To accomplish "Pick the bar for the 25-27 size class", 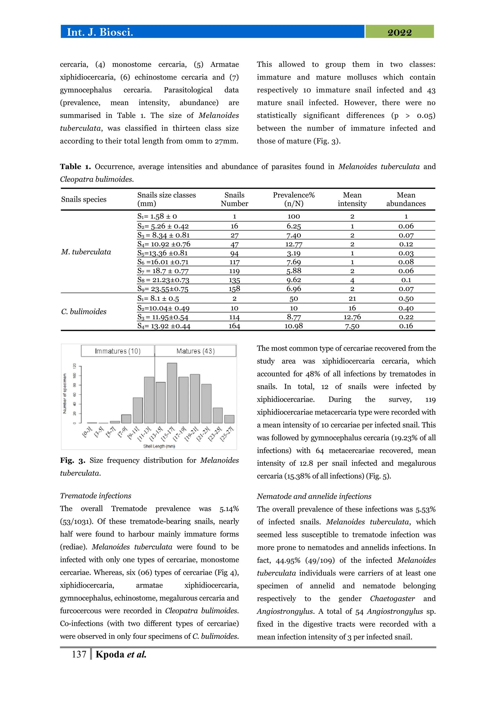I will click(x=229, y=419).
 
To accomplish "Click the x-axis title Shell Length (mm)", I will click(x=159, y=446).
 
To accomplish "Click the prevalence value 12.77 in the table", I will click(x=294, y=244).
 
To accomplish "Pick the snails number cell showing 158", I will click(x=234, y=289).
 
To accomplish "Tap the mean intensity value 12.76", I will click(x=352, y=317).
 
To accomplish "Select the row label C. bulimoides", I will click(x=84, y=312).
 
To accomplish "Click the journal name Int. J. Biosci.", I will click(x=100, y=32).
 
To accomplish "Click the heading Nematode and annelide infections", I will click(x=314, y=496).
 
